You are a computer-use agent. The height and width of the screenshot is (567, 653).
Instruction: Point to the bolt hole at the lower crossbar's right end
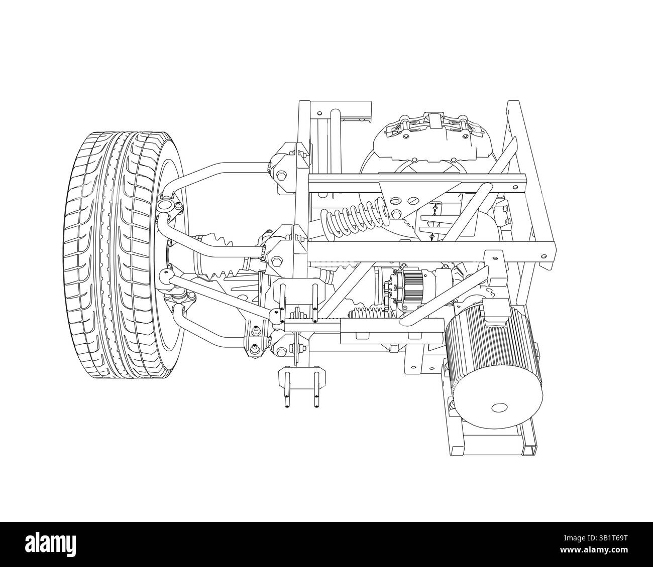[x=543, y=255]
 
